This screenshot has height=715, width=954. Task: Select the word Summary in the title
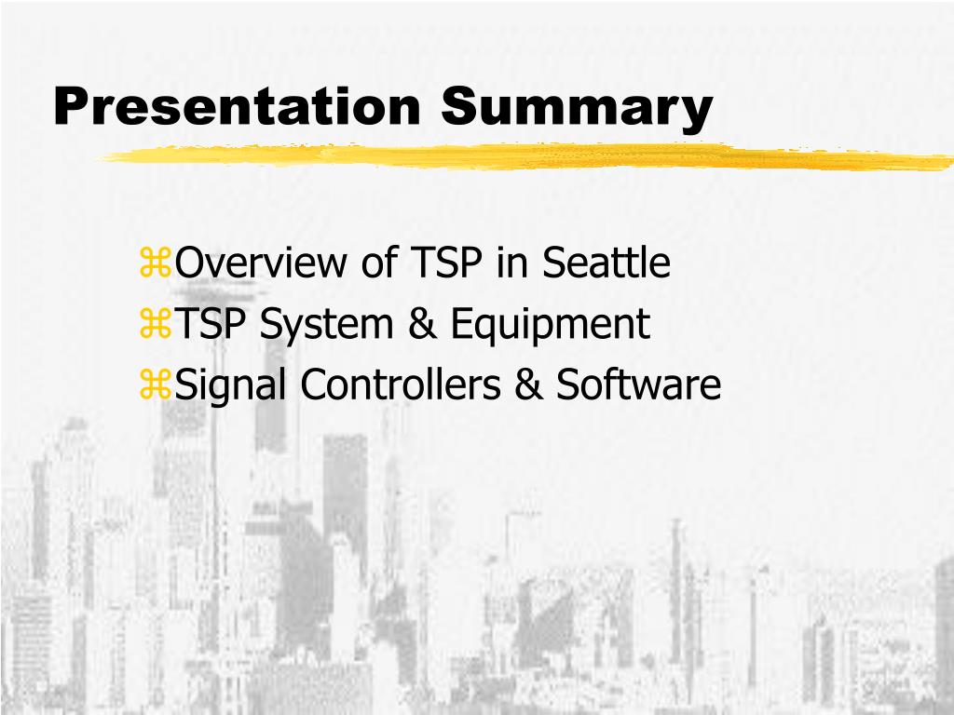click(578, 107)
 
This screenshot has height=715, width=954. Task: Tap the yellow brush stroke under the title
click(522, 157)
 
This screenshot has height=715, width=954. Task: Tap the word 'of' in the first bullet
click(379, 263)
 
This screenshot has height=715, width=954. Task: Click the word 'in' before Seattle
click(511, 263)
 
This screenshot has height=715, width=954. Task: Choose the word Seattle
click(606, 263)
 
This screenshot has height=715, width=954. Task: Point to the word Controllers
click(400, 385)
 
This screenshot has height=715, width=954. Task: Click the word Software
click(639, 385)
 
